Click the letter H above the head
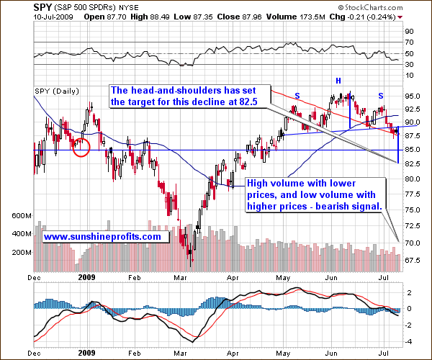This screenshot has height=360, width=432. pyautogui.click(x=338, y=79)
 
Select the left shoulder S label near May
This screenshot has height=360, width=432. pyautogui.click(x=297, y=95)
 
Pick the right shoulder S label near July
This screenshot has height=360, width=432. pyautogui.click(x=381, y=95)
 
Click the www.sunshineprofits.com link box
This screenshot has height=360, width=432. pyautogui.click(x=102, y=235)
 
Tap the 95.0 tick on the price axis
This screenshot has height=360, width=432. pyautogui.click(x=413, y=96)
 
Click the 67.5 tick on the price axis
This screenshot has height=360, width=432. pyautogui.click(x=413, y=260)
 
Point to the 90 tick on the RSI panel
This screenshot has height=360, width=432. pyautogui.click(x=408, y=32)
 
